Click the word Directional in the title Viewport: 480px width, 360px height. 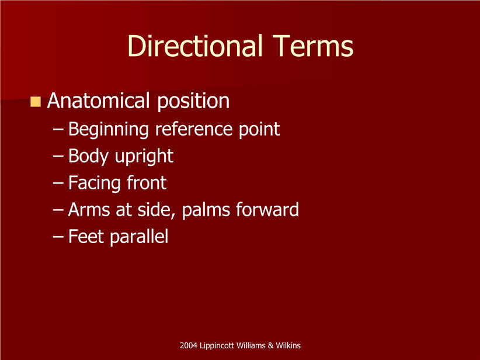(195, 46)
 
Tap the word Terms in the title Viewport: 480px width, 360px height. (313, 46)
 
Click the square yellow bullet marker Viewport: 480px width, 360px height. (36, 102)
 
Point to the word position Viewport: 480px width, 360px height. (193, 102)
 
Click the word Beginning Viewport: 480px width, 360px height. (109, 130)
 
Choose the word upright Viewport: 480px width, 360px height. (144, 157)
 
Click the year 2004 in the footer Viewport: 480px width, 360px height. (188, 345)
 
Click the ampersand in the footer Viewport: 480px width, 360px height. (270, 345)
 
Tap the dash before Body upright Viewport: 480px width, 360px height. (58, 157)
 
